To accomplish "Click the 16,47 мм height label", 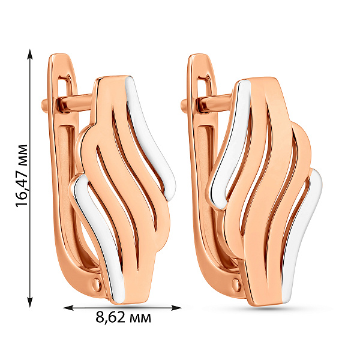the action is (22, 176).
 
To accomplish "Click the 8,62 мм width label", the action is (124, 318).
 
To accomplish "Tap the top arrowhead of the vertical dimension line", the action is (29, 54).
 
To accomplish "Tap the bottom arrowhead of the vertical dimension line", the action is (29, 302).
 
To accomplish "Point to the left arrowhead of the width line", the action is (68, 308).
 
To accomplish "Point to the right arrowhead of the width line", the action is (176, 308).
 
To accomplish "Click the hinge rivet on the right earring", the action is (236, 284).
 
